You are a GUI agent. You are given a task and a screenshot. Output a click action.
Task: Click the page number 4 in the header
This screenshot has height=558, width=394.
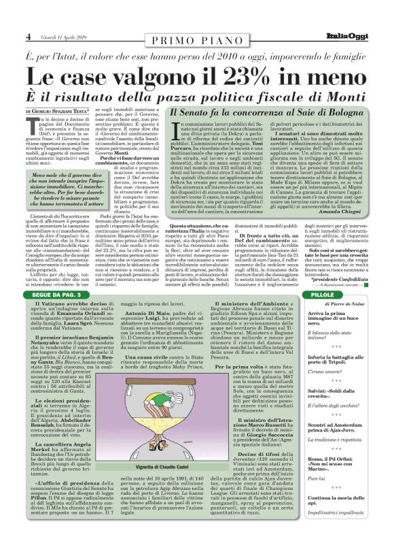point(28,36)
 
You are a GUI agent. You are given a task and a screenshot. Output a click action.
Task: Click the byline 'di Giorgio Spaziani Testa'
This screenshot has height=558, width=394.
point(58,110)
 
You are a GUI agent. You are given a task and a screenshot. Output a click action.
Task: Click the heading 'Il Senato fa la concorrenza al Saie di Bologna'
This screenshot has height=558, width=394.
point(268,111)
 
